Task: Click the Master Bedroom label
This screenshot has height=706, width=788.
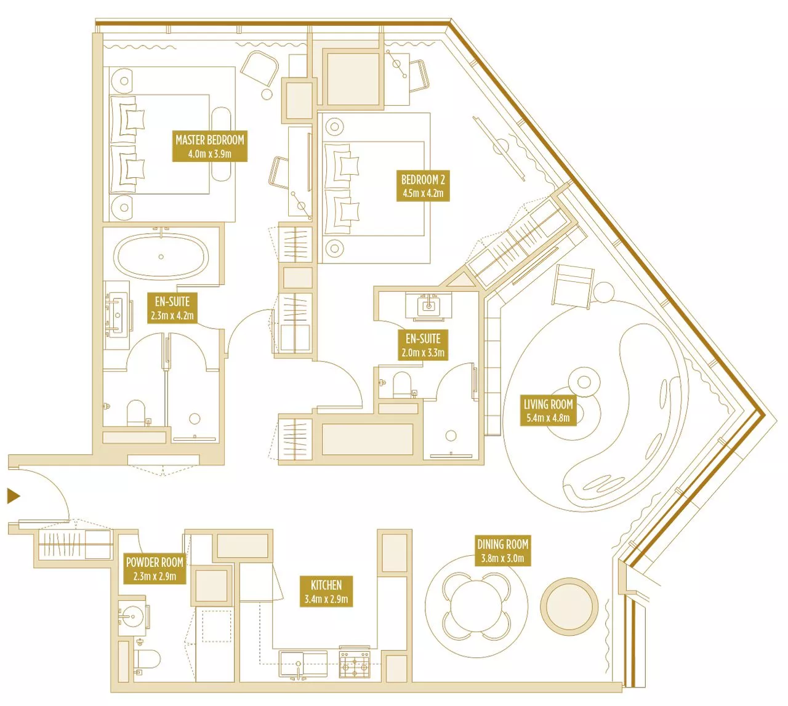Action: click(x=210, y=146)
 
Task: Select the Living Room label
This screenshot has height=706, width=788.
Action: click(x=548, y=411)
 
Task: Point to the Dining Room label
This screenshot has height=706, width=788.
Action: click(x=502, y=551)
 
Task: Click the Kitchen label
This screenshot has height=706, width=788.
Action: click(x=326, y=592)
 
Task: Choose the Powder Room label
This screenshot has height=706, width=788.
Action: click(x=155, y=569)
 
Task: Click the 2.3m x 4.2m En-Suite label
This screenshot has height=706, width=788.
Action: click(x=172, y=308)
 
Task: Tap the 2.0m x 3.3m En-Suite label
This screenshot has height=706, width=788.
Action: click(x=423, y=345)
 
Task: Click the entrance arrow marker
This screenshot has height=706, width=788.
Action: click(x=14, y=496)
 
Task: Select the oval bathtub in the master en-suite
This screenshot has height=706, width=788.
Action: click(x=161, y=257)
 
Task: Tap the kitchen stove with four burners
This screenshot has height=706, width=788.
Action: click(x=355, y=665)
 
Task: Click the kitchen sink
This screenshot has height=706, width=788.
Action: click(x=303, y=664)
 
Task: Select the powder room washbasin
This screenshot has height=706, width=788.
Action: click(x=132, y=617)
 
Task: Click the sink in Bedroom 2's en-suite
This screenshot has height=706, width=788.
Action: click(x=428, y=306)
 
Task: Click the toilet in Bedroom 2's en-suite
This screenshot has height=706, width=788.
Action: click(x=402, y=385)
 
